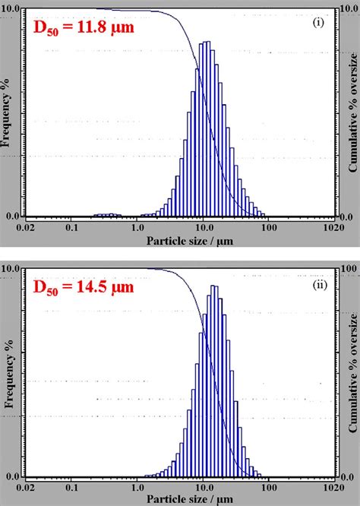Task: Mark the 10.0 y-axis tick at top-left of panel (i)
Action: click(13, 10)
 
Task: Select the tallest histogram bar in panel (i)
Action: click(207, 129)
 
